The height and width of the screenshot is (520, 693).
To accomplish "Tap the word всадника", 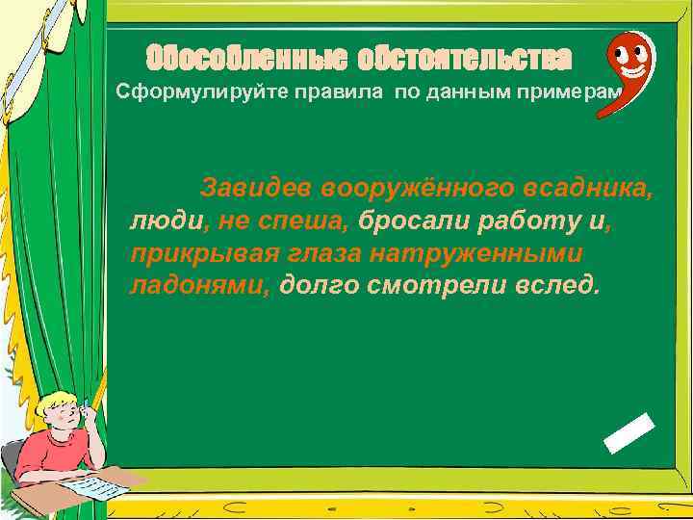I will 591,188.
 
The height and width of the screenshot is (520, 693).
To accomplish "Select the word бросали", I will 413,221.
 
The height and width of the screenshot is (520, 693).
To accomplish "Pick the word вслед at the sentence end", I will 563,286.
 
